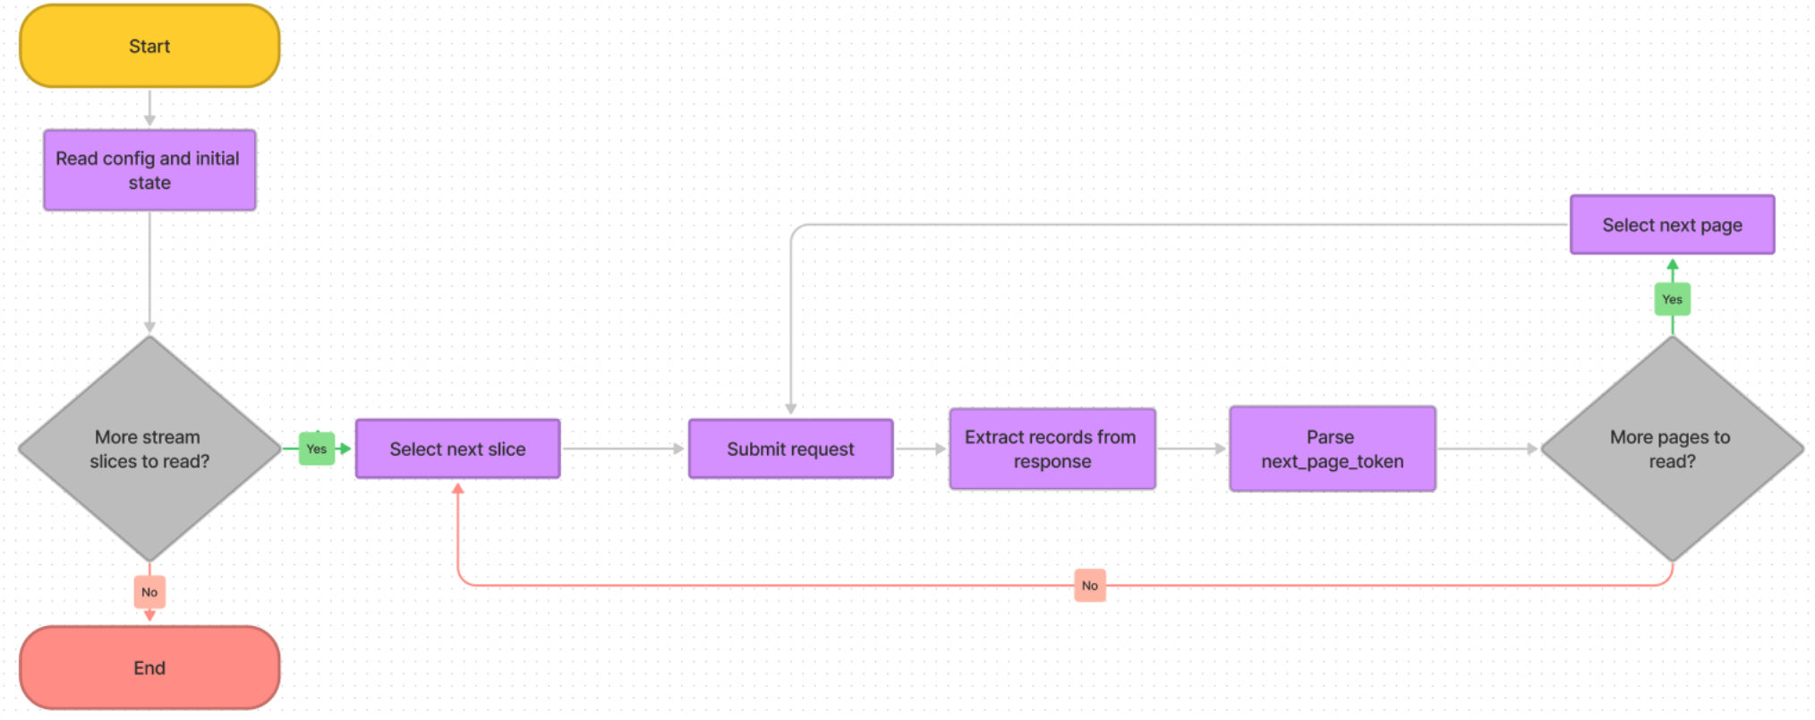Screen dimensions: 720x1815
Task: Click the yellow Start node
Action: (149, 47)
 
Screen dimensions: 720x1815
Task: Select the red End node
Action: (149, 668)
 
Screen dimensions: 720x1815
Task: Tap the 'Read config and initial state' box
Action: (149, 170)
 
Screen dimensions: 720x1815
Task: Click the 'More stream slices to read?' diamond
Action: (149, 449)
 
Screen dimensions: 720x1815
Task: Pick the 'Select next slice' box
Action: (457, 449)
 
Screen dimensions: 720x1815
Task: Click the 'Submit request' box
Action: (790, 449)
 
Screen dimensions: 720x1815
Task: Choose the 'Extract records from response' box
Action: (1052, 449)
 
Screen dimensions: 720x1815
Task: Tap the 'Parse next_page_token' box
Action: (1332, 449)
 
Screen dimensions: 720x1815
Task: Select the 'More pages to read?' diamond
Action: (1671, 449)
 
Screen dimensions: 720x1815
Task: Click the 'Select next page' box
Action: (1672, 225)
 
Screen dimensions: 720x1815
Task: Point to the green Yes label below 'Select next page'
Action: (1672, 299)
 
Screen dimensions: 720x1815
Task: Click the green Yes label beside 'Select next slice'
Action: (317, 449)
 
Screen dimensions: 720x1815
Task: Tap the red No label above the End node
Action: (149, 592)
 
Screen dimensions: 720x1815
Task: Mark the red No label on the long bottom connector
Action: (1089, 586)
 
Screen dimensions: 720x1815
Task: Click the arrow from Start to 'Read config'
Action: (149, 108)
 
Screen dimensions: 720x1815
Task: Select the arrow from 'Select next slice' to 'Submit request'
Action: (624, 449)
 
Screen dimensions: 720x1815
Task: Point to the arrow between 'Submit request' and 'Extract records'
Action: (921, 449)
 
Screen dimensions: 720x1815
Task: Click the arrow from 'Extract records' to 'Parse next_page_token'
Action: (1192, 449)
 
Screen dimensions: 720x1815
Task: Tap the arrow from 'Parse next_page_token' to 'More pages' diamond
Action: (1488, 449)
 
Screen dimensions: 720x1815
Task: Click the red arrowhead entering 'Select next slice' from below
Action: (457, 489)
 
